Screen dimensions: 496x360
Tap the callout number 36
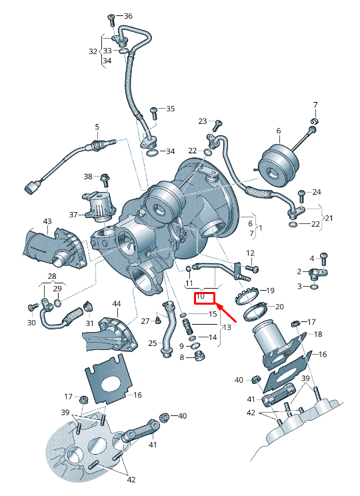[128, 16]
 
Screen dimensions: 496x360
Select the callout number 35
[170, 109]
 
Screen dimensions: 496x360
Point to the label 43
[47, 221]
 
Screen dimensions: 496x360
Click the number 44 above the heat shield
[117, 304]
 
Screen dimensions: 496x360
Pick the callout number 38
[88, 177]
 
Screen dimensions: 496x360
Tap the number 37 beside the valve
[73, 215]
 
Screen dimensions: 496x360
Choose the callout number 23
[203, 121]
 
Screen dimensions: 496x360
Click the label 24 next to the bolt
[316, 192]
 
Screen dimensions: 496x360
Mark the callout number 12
[251, 253]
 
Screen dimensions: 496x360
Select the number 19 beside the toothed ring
[270, 291]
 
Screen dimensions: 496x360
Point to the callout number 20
[279, 307]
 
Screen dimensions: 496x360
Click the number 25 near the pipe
[152, 343]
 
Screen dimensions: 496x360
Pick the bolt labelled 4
[324, 257]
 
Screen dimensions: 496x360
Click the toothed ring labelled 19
[247, 293]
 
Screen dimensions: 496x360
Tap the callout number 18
[317, 334]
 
